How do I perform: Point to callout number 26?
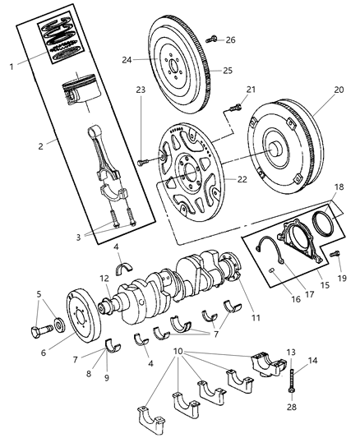pos(230,39)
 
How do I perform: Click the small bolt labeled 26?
pos(213,38)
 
